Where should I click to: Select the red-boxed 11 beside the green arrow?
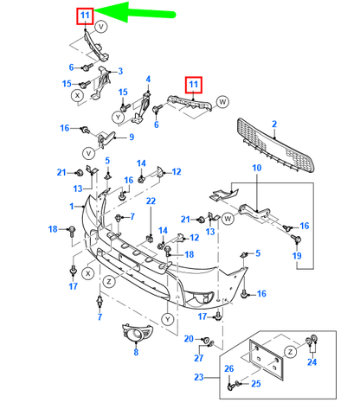click(84, 16)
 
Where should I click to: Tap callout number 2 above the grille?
click(273, 125)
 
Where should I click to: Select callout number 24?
click(312, 362)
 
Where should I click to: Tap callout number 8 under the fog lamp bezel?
click(135, 353)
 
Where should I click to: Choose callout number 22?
click(149, 201)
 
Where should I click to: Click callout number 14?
click(141, 163)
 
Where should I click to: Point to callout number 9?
click(131, 137)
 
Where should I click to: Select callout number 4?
click(148, 80)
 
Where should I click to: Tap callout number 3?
click(119, 71)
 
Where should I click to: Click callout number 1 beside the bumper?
click(73, 206)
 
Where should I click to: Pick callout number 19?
click(296, 257)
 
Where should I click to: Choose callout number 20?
click(188, 338)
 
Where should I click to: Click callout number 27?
click(198, 357)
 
